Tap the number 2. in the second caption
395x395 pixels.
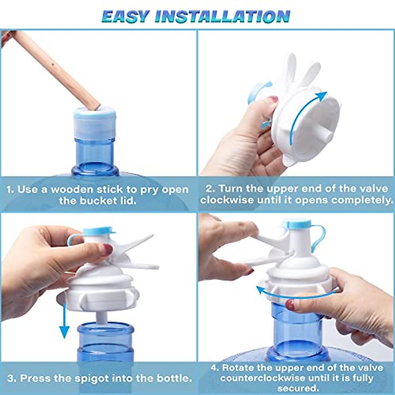coord(210,189)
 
